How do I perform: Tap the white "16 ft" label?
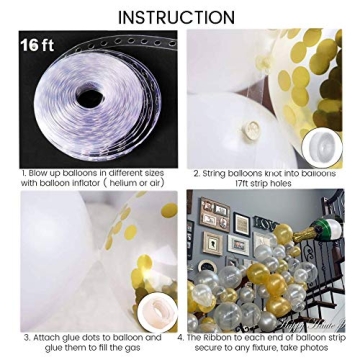[37, 46]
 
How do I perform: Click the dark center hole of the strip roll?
[90, 98]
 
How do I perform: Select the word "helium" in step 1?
[129, 183]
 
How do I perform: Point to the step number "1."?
[24, 173]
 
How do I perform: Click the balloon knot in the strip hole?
[252, 129]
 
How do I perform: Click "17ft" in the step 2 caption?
[240, 183]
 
